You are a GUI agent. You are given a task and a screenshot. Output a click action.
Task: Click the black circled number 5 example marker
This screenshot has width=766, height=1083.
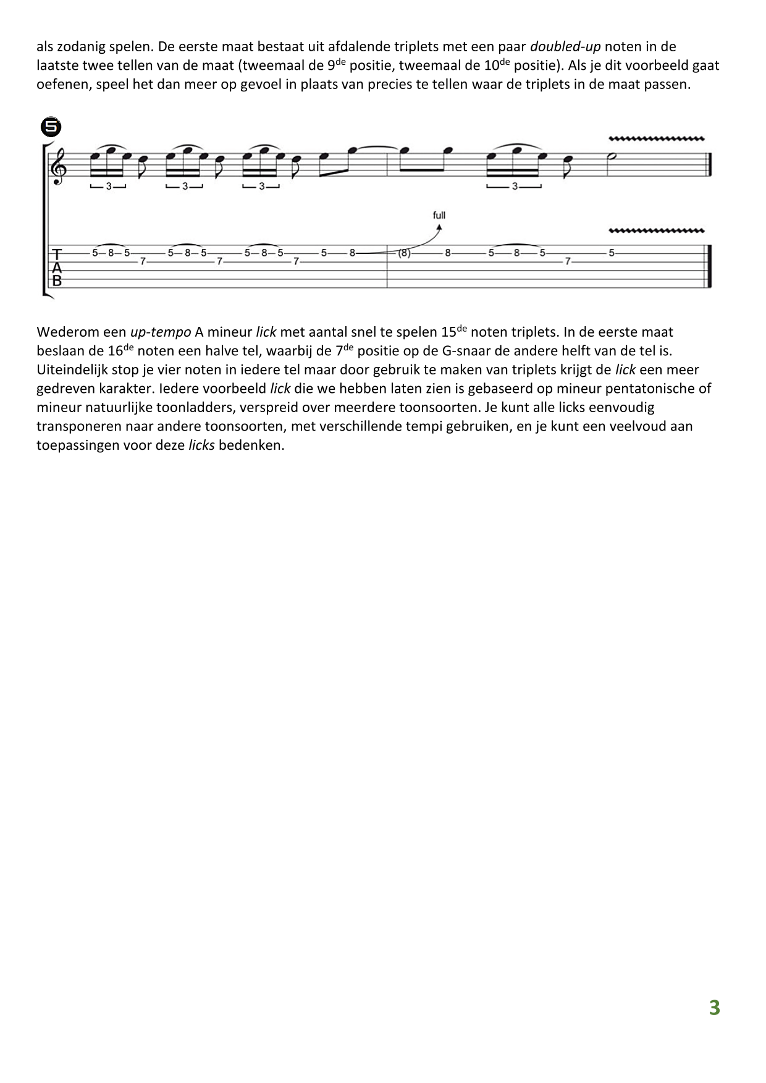coord(51,127)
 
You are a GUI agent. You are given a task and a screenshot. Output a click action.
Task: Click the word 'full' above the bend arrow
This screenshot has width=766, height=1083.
coord(439,215)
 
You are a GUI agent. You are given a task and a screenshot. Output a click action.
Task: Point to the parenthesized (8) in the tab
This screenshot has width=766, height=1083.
coord(404,253)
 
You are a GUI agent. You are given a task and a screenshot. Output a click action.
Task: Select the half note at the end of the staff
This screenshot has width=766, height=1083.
coord(611,156)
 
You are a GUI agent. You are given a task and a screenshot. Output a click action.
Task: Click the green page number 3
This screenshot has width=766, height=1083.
coord(714,1008)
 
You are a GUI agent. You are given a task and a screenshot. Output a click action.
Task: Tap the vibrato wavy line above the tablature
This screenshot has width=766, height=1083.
coord(657,231)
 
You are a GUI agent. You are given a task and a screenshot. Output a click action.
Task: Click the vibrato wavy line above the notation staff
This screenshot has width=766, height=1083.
coord(657,138)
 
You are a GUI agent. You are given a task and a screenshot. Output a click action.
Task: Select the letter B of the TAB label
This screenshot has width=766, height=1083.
coord(57,280)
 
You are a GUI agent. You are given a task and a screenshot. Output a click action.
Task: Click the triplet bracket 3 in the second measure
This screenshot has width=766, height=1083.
coord(515,186)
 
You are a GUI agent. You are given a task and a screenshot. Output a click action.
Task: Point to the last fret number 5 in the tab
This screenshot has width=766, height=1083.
coord(612,253)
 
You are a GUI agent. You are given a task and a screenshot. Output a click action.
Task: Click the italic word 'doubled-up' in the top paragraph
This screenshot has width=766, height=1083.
coord(565,46)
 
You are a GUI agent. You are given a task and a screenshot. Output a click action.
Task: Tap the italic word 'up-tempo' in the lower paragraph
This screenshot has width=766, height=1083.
coord(161,332)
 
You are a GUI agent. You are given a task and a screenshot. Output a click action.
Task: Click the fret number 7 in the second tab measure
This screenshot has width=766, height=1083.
coord(567,262)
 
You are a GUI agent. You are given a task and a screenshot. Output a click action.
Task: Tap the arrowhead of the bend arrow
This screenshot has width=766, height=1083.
coord(439,227)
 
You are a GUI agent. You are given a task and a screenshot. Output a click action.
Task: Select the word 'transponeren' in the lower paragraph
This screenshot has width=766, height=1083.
coord(75,426)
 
